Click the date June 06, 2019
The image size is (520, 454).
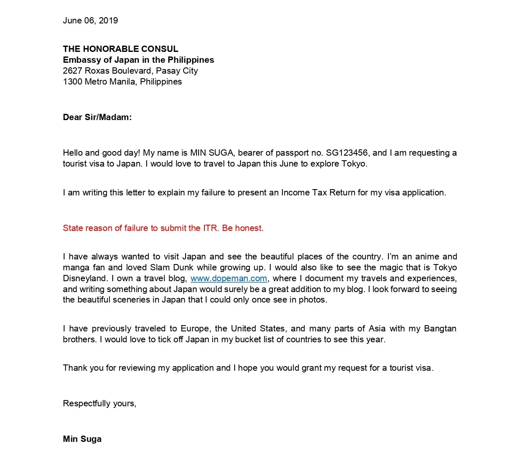point(90,21)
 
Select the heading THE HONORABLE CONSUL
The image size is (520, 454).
point(120,49)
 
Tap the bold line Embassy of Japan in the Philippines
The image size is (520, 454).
point(138,60)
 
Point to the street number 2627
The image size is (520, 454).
point(72,71)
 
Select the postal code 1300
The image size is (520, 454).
point(72,82)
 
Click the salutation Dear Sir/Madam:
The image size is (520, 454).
point(97,117)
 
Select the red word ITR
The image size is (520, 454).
point(210,228)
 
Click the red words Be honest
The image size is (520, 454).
point(243,228)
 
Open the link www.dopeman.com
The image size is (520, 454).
point(229,278)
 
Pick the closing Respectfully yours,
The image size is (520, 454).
point(99,403)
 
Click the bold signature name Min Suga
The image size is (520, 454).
point(82,439)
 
